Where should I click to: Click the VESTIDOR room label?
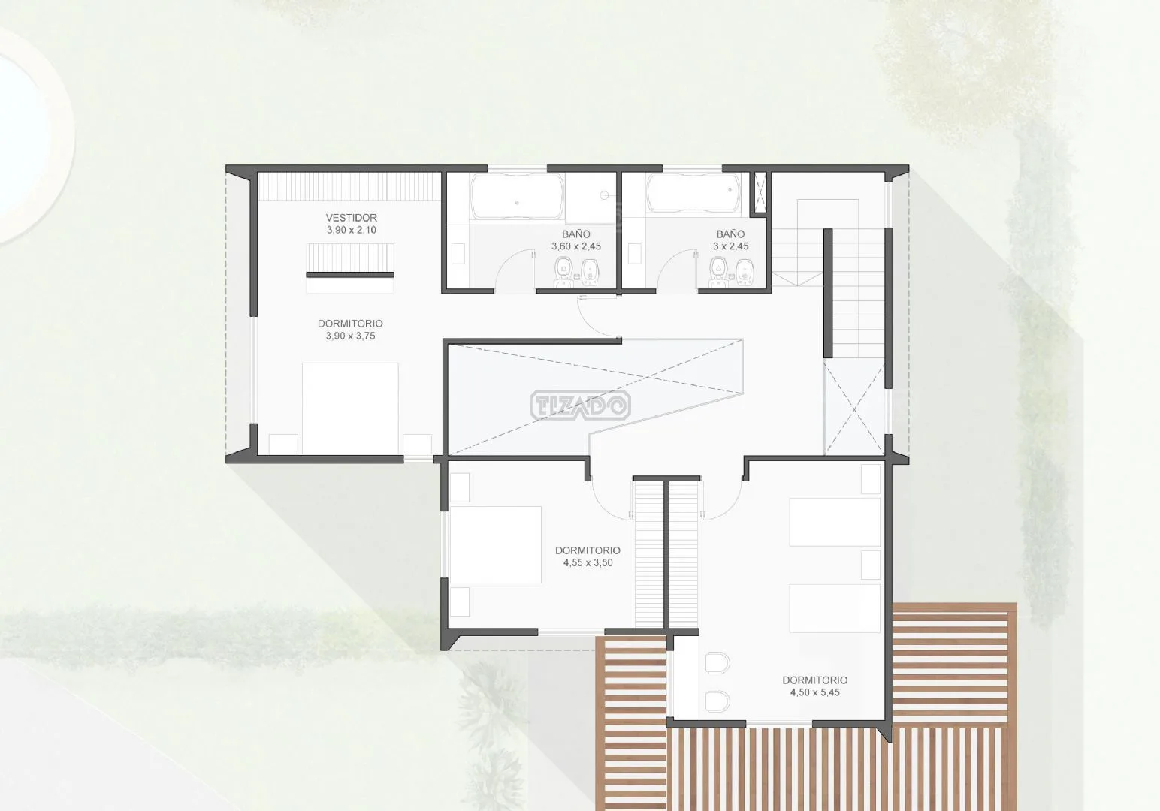click(351, 217)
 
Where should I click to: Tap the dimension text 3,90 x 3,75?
click(351, 336)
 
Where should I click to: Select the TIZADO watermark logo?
click(580, 405)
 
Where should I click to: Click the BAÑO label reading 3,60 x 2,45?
click(575, 240)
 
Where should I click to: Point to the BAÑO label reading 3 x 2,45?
click(731, 240)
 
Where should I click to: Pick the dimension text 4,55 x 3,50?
click(588, 562)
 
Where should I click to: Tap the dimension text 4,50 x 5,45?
click(814, 692)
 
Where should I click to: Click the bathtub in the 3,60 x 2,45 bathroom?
click(517, 197)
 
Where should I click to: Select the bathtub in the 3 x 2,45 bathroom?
click(693, 193)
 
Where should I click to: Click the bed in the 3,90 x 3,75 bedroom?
click(350, 409)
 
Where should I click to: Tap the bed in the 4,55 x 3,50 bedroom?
click(496, 544)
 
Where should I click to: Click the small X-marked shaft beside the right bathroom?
click(760, 192)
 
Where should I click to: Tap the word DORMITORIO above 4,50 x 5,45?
click(814, 680)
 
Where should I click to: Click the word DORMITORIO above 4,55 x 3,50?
click(588, 550)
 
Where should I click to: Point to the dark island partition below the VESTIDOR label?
click(350, 274)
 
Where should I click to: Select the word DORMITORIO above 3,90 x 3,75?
click(350, 324)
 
